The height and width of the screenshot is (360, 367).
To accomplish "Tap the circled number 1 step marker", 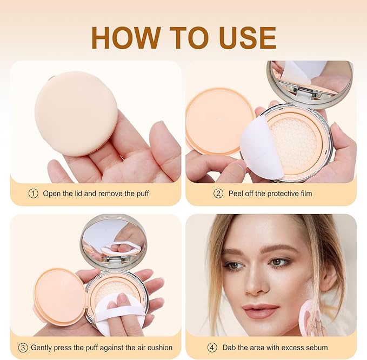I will coord(34,194).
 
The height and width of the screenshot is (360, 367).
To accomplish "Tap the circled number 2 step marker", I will coord(218,194).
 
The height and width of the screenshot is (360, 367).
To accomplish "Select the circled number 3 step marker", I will coord(23,348).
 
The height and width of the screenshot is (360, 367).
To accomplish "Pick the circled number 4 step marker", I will coord(212,348).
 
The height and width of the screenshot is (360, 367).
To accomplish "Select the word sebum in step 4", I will coord(316,348).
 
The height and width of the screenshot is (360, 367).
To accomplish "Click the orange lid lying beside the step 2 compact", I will coord(219,122).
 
